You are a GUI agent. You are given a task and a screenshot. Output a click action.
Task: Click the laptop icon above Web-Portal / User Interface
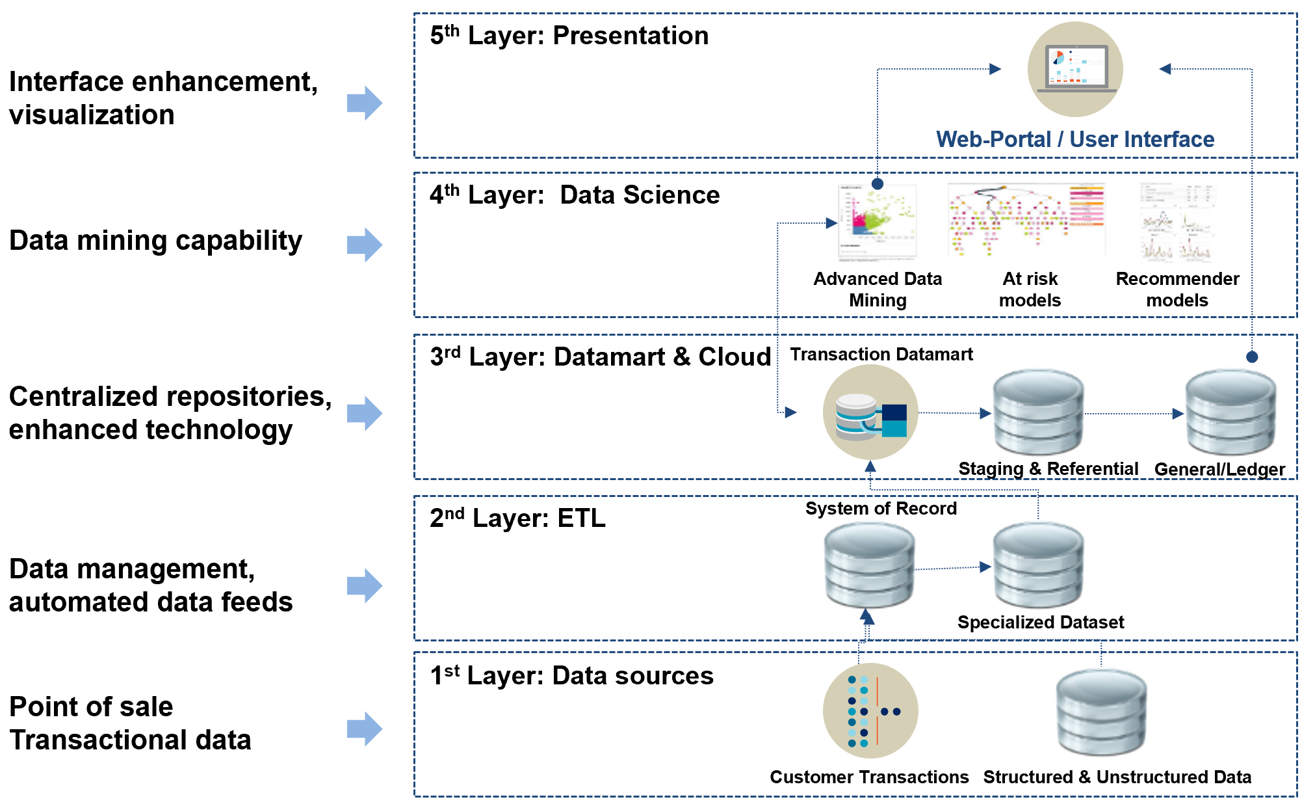[x=1075, y=69]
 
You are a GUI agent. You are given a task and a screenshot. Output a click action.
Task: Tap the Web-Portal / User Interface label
[x=1075, y=139]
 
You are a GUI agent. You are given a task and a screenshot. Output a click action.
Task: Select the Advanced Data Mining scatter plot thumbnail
[x=878, y=222]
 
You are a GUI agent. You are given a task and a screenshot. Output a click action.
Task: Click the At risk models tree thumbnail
[x=1026, y=220]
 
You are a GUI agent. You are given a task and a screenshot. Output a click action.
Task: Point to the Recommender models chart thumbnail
[x=1177, y=222]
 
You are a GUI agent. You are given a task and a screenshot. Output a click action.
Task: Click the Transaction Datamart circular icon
[x=870, y=412]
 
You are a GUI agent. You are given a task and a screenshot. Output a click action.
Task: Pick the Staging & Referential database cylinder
[x=1038, y=412]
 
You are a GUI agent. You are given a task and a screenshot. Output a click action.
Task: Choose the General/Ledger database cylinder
[x=1230, y=412]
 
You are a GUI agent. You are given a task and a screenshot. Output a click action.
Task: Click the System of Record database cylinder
[x=869, y=565]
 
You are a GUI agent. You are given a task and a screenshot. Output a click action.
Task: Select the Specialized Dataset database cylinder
[x=1038, y=565]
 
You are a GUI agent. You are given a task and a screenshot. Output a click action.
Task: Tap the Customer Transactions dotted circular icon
[x=870, y=710]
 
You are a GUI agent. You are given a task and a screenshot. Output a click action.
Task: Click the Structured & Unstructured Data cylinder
[x=1101, y=712]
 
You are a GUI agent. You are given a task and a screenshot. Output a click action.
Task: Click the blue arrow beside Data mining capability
[x=364, y=245]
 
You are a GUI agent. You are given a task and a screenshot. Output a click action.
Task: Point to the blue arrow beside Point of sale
[x=364, y=729]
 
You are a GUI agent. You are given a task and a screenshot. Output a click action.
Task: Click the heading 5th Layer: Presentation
[x=569, y=36]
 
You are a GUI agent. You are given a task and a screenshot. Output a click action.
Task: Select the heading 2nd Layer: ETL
[x=517, y=518]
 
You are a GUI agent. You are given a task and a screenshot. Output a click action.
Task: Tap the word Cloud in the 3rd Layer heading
[x=735, y=356]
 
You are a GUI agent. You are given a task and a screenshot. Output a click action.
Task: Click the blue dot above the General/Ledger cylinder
[x=1252, y=356]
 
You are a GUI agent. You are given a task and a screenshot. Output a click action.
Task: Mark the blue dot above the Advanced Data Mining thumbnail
[x=878, y=184]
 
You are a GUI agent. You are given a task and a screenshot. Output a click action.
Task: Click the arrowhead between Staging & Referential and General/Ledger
[x=1178, y=414]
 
